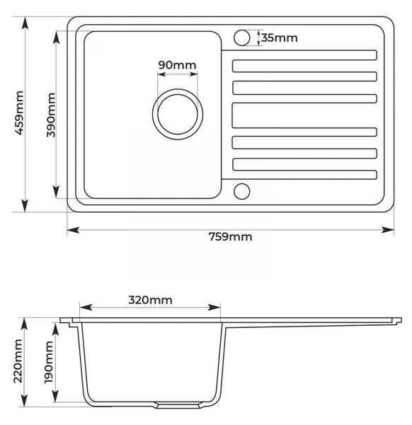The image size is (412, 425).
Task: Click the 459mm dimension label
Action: tap(19, 113)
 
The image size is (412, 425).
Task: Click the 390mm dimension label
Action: tap(51, 115)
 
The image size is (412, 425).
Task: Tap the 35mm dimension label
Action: tap(280, 38)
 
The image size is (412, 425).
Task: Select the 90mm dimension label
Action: tap(177, 65)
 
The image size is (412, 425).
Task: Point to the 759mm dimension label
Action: tap(230, 237)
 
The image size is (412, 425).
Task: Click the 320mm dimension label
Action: tap(150, 300)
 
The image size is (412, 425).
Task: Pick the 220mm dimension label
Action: tap(18, 361)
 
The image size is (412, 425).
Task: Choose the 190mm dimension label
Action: tap(49, 362)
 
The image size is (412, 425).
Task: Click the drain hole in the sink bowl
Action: tap(178, 114)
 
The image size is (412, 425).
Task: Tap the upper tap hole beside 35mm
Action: tap(241, 38)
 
